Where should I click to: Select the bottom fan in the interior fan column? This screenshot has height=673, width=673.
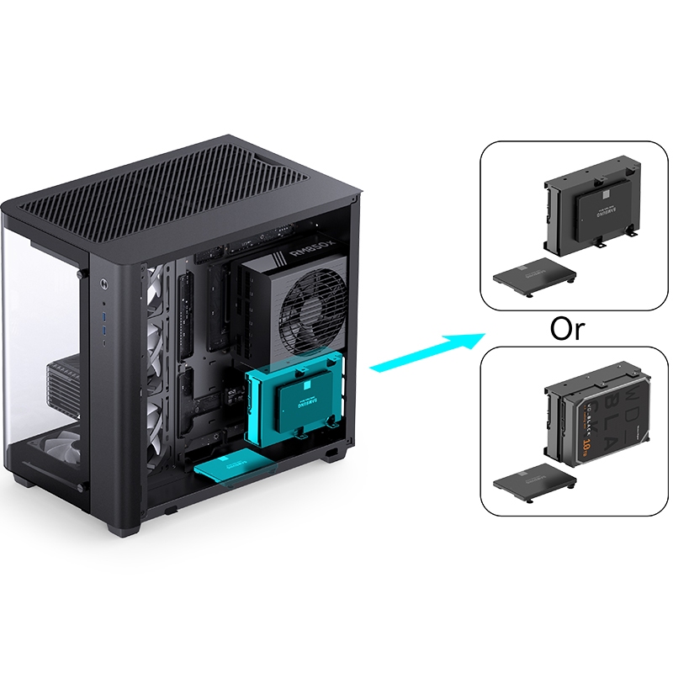coord(156,425)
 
